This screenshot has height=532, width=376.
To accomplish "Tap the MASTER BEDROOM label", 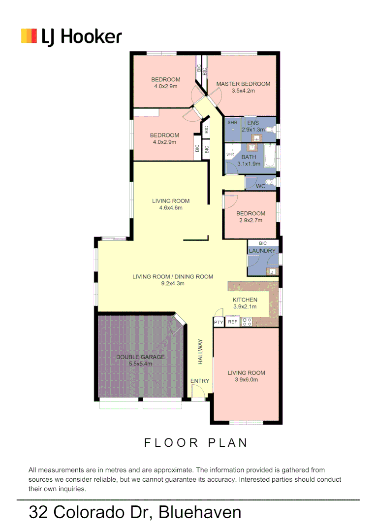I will pos(243,84).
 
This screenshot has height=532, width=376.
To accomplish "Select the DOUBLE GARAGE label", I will pos(140,357).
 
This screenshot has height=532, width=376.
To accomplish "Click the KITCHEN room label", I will pos(245,300).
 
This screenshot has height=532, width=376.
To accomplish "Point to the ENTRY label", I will pos(200,381).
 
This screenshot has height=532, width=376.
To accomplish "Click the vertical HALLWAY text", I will pos(200,351).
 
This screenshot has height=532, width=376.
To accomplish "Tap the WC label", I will pos(261,186).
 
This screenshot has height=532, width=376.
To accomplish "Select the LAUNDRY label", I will pos(262,251).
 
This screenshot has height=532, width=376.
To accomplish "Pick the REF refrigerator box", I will pos(233,322).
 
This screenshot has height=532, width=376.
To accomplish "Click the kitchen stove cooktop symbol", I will pos(247,322).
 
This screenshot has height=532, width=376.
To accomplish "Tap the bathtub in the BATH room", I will pos(270,156).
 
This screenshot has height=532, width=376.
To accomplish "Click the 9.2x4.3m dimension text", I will pos(172,284).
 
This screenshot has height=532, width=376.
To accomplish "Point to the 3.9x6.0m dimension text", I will pos(246,380).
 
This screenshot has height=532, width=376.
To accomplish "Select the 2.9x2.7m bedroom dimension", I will pos(251,220).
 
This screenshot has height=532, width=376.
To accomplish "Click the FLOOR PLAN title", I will pos(195,443).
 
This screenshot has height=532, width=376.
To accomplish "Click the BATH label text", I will pos(249,157).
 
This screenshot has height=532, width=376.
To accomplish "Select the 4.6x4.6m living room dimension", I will pos(170,208).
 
